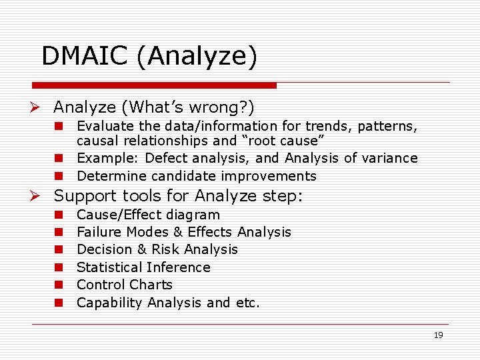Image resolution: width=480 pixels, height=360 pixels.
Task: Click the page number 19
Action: coord(438,335)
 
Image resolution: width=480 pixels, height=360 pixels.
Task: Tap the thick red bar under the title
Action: coord(154,85)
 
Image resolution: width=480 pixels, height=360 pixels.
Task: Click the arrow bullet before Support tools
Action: coord(41,196)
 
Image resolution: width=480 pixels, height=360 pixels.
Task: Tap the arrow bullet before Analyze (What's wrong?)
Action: coord(41,107)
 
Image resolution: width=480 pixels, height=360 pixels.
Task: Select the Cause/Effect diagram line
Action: coord(148,215)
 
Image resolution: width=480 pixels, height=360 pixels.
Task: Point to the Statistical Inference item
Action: coord(143,267)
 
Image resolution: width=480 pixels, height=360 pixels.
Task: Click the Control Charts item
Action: coord(125,285)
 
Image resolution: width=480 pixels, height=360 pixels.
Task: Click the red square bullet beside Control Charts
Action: coord(59,285)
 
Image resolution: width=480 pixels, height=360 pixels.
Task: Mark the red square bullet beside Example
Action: coord(59,158)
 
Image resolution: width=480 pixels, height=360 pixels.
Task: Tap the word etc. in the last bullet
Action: coord(247,303)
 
